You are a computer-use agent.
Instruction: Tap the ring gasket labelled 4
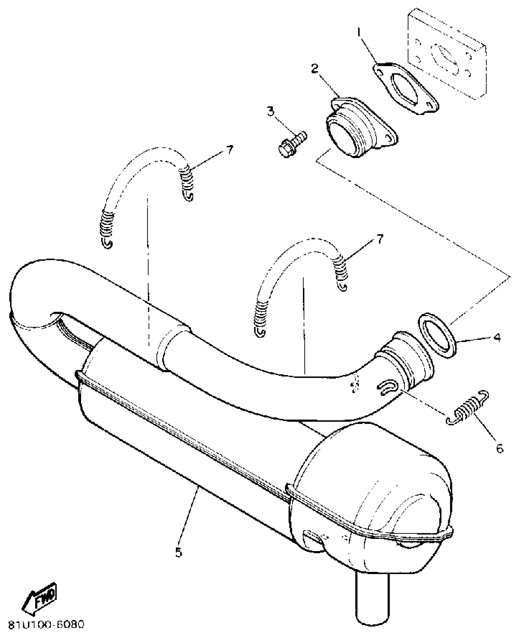[436, 335]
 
